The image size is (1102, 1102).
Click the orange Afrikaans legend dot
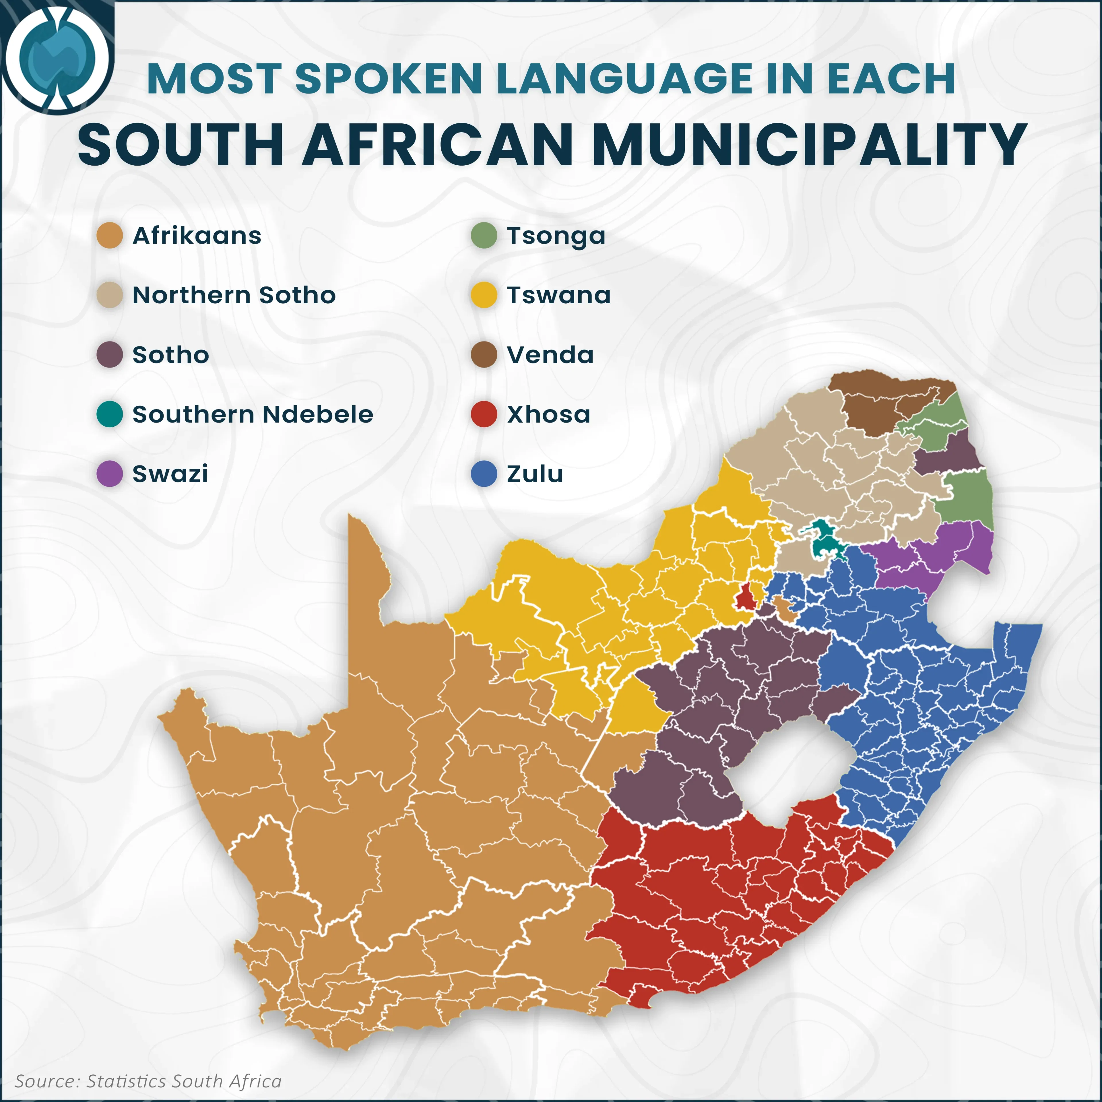click(x=110, y=236)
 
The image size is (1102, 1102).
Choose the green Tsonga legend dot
click(x=484, y=236)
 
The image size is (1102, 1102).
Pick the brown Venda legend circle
click(x=484, y=355)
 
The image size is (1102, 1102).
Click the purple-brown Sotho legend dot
click(x=110, y=355)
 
